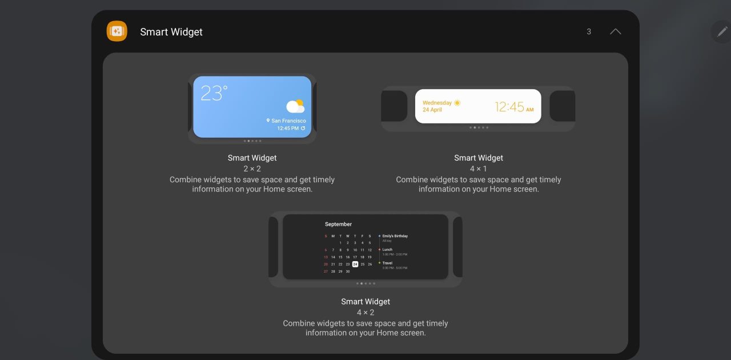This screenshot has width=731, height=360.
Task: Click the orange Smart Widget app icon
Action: [117, 31]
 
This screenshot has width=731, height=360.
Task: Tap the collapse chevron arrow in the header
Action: [615, 31]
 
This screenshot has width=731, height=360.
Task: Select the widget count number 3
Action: [589, 31]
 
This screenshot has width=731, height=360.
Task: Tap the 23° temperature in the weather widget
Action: [214, 93]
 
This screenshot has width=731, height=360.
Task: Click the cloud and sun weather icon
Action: [295, 106]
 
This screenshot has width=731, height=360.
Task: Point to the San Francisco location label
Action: [288, 121]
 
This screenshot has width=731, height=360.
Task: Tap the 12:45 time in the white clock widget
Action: [509, 107]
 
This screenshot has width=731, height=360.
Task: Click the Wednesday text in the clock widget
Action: [437, 103]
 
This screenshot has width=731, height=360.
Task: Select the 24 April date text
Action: [432, 110]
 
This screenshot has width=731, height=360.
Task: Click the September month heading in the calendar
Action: [338, 224]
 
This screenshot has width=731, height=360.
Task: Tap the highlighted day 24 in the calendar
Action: [355, 264]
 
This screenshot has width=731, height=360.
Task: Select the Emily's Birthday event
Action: [395, 236]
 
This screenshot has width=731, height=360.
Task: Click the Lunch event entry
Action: [388, 250]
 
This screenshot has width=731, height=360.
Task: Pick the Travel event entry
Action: [388, 263]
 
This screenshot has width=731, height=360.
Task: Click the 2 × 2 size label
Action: [252, 169]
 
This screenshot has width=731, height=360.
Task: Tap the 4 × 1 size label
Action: [479, 169]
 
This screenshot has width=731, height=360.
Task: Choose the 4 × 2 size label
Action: [365, 313]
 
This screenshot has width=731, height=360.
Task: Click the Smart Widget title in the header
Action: [171, 32]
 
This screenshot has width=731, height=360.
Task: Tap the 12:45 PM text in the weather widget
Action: [288, 129]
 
